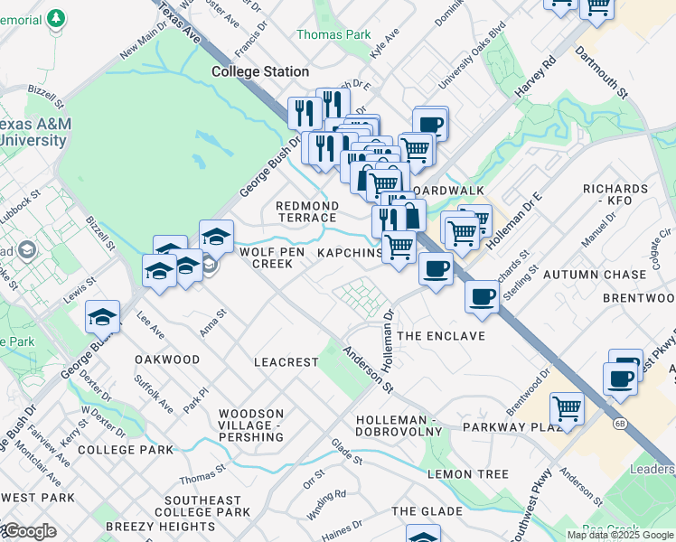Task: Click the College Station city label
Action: coord(260,71)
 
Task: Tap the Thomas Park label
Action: coord(333,34)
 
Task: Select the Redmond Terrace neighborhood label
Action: coord(306,212)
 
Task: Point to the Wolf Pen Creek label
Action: coord(266,258)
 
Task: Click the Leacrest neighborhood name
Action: coord(286,362)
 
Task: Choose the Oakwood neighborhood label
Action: coord(167,360)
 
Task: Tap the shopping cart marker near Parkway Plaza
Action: coord(567,407)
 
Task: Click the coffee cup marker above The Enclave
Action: coord(436,268)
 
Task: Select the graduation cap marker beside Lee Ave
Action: coord(103,316)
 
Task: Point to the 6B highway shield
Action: coord(620,422)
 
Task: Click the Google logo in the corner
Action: coord(29,531)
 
